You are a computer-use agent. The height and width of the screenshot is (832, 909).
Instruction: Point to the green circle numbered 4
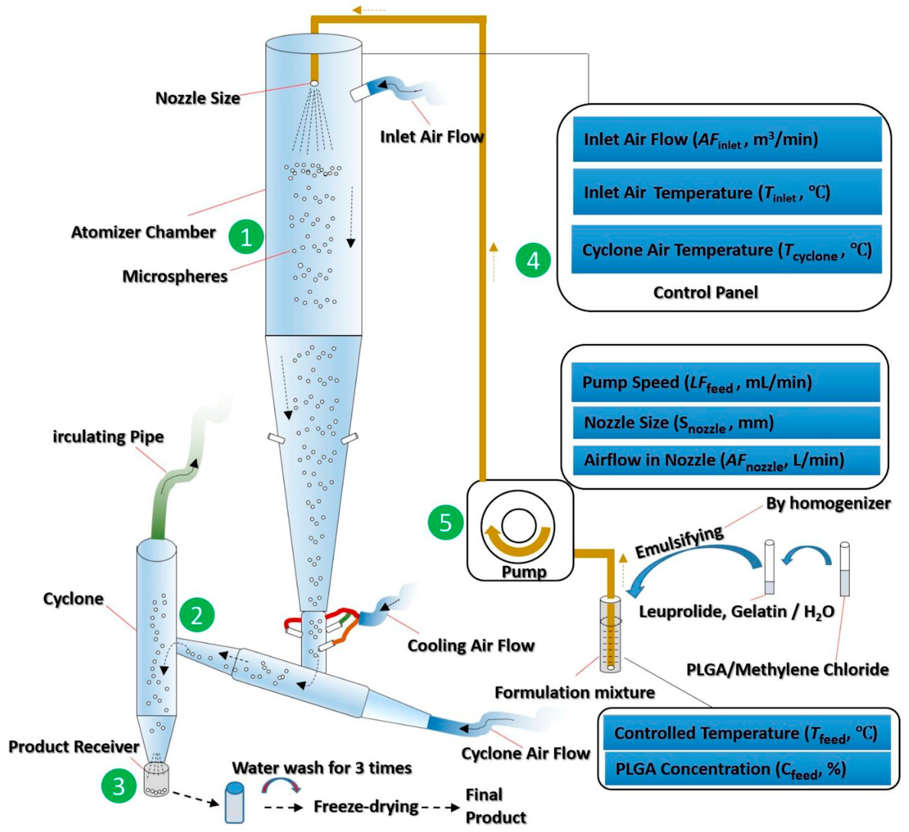pyautogui.click(x=533, y=261)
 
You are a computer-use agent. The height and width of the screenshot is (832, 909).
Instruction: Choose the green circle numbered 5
pyautogui.click(x=445, y=522)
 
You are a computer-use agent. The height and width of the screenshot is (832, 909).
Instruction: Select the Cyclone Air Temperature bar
pyautogui.click(x=726, y=250)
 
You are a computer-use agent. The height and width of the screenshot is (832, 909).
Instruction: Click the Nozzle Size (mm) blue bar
pyautogui.click(x=726, y=422)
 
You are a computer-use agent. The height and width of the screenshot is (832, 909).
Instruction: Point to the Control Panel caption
pyautogui.click(x=705, y=292)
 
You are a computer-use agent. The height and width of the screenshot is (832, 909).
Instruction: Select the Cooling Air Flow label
pyautogui.click(x=471, y=645)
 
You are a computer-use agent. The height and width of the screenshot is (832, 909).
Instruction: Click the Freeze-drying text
pyautogui.click(x=366, y=806)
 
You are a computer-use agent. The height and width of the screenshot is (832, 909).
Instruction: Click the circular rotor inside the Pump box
pyautogui.click(x=518, y=526)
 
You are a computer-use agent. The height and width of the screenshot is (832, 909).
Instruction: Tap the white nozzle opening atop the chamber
pyautogui.click(x=314, y=83)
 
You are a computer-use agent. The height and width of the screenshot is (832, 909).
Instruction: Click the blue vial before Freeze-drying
pyautogui.click(x=235, y=802)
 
